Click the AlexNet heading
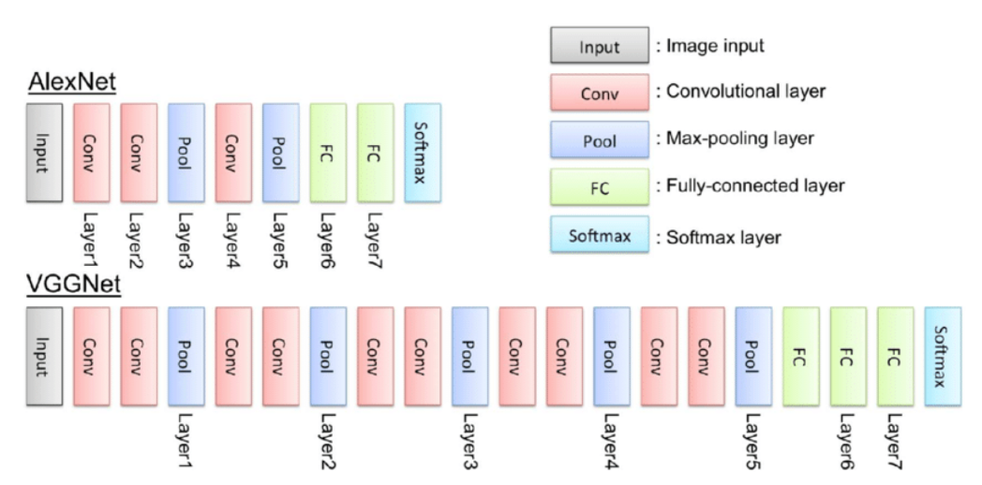(x=70, y=82)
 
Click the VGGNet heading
(x=73, y=285)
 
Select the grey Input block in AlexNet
(x=45, y=152)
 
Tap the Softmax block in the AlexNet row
(x=423, y=152)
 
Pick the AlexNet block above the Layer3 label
(x=186, y=152)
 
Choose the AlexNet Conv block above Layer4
(x=233, y=152)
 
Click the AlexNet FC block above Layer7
(x=375, y=152)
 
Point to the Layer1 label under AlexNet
(x=92, y=240)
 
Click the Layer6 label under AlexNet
(x=328, y=240)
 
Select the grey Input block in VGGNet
(x=45, y=355)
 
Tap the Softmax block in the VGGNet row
(x=943, y=355)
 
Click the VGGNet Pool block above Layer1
(x=186, y=355)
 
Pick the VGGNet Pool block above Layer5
(x=753, y=355)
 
